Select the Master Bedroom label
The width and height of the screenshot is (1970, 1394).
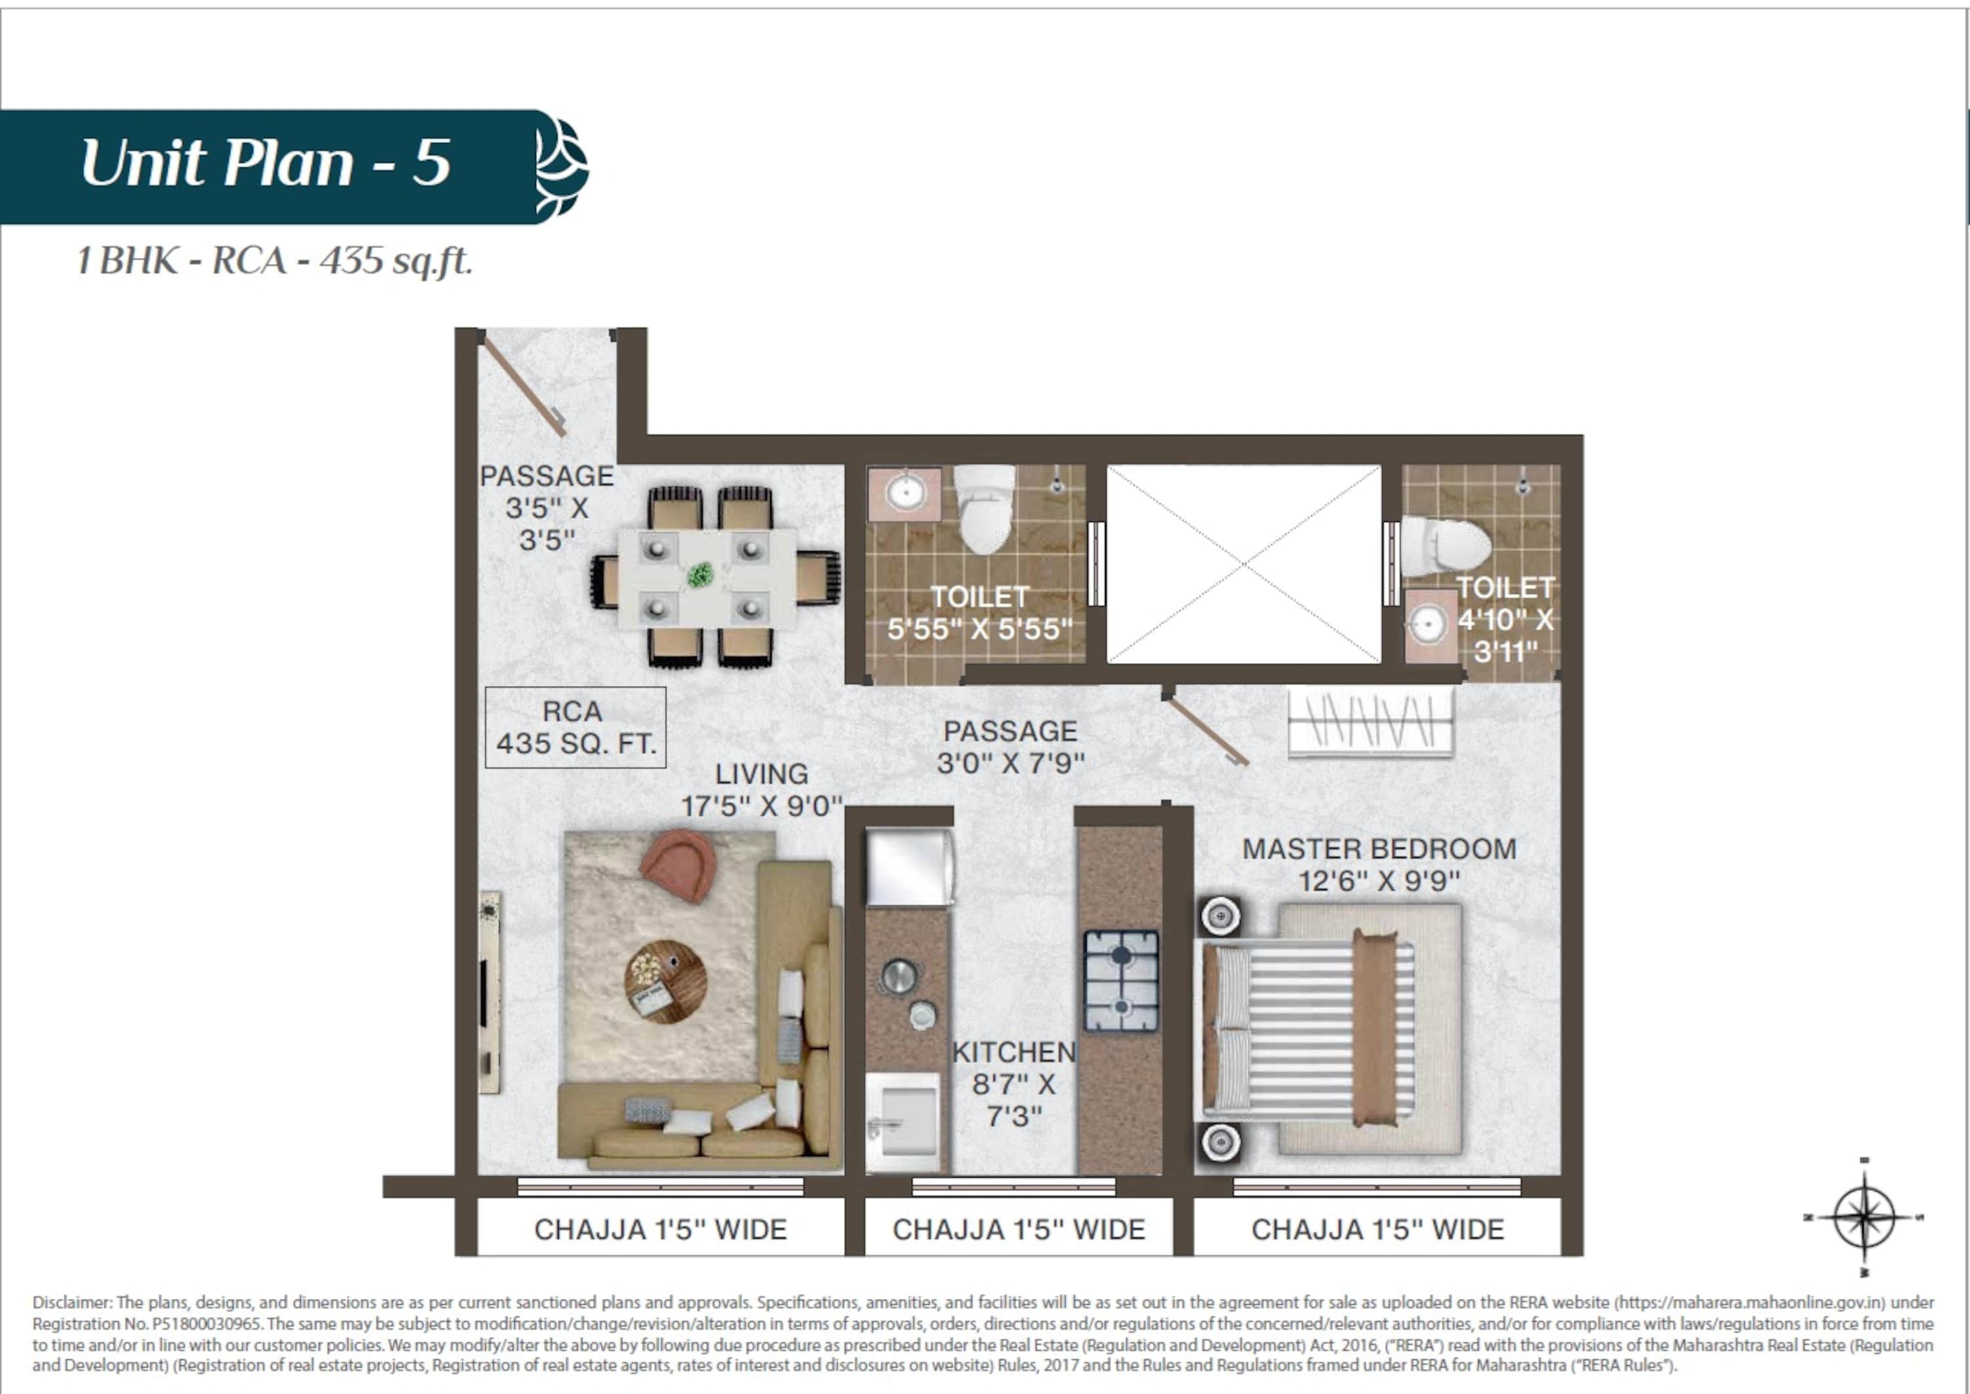coord(1379,864)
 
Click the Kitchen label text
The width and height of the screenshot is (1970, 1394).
coord(1013,1084)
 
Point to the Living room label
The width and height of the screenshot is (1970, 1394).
coord(762,790)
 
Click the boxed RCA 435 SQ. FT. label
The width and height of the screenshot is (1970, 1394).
coord(575,727)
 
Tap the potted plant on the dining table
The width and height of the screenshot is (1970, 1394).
coord(700,575)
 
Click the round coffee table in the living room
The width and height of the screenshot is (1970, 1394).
coord(666,982)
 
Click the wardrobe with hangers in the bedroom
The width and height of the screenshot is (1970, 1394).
coord(1370,724)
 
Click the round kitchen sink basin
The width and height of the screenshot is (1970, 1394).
coord(898,976)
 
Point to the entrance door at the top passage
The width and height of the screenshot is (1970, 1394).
coord(524,385)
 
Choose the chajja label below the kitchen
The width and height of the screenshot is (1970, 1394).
coord(1018,1229)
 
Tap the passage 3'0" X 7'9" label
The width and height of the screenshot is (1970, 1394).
coord(1011,747)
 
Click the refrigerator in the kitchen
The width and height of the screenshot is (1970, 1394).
coord(909,866)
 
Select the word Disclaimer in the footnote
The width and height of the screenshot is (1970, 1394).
coord(72,1302)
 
